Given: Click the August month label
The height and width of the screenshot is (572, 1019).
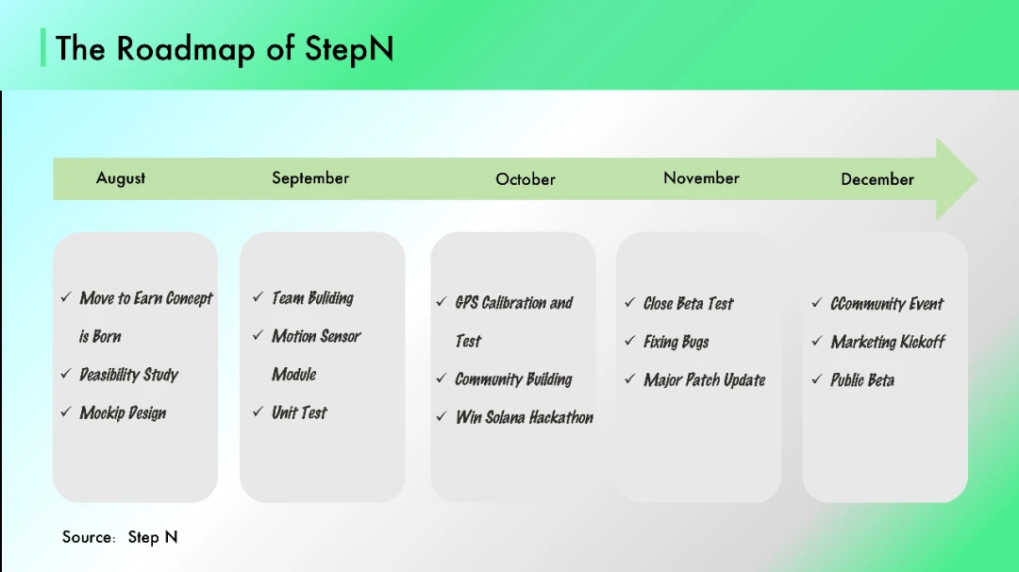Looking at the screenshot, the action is point(121,178).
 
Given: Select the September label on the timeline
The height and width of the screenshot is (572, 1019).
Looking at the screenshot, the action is point(310,178).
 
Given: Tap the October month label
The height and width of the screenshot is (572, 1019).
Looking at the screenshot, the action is point(526,179).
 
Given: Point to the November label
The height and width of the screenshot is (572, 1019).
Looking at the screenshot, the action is point(701,178).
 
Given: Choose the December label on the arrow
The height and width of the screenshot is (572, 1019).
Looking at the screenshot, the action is point(877,179).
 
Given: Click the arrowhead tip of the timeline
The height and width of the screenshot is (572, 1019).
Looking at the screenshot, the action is point(977,178).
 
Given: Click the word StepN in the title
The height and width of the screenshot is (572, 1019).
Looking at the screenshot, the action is point(349,49).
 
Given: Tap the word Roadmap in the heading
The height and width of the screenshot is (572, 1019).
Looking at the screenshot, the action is point(186,49).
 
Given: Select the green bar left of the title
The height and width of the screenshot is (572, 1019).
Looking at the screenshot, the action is point(42,47).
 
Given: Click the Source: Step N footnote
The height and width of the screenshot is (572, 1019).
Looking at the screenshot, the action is point(120,537).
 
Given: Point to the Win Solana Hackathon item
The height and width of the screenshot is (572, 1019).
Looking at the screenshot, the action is point(525,417).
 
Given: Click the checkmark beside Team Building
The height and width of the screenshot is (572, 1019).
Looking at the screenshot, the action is point(258,297).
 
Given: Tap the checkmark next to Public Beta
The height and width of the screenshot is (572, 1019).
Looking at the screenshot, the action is point(817,379).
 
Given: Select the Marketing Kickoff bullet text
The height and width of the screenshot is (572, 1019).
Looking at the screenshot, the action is point(888,342).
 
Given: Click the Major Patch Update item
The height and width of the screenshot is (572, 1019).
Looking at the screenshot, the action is point(705,380).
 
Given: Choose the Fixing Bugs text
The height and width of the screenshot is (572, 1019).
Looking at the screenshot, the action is point(676,342).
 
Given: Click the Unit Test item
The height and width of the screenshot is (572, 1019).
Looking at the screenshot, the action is point(300,412).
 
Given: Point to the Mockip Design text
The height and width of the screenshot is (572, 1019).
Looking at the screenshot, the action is point(123,413).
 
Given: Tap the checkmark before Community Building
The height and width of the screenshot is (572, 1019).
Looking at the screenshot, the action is point(442,379).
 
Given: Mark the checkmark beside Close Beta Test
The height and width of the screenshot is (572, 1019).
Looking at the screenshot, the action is point(629,302).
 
